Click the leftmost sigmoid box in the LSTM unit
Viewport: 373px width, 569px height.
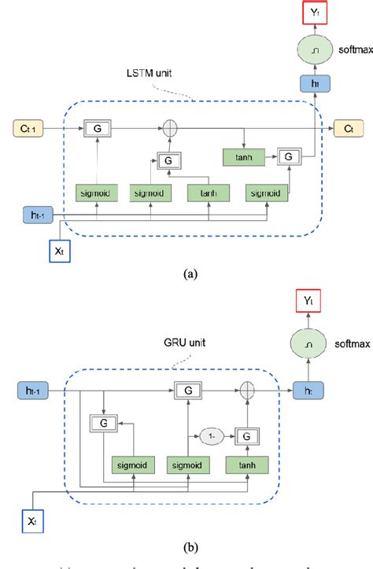pyautogui.click(x=97, y=191)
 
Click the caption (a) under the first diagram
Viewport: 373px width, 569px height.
pyautogui.click(x=187, y=275)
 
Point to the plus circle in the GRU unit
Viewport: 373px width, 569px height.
pyautogui.click(x=246, y=389)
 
